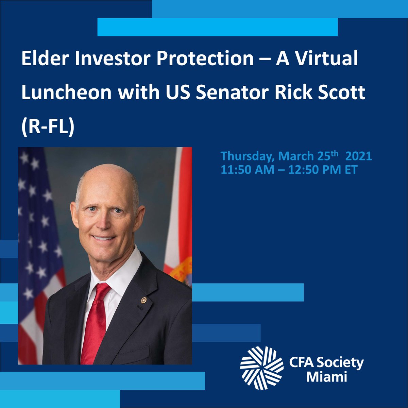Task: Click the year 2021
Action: coord(358,156)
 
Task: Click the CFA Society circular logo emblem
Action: coord(261,368)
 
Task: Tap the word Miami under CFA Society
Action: coord(326,377)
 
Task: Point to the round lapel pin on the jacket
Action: coord(144,300)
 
